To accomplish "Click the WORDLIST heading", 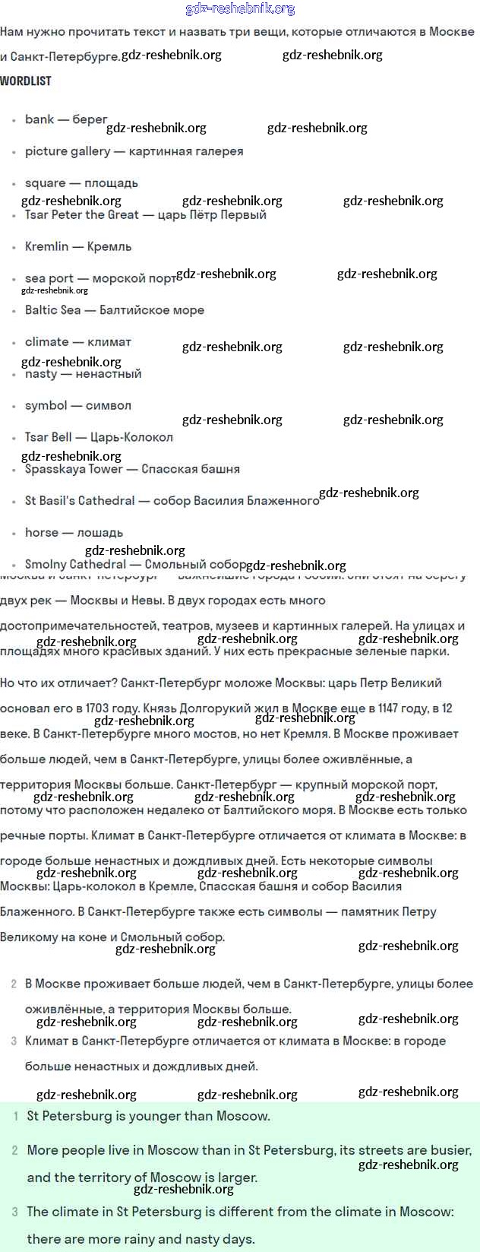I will (26, 81).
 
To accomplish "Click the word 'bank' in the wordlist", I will (39, 119).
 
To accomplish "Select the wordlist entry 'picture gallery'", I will (68, 151).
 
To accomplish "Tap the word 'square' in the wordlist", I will (46, 183).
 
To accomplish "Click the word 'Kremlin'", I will (47, 247).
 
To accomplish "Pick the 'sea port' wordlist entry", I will (49, 279).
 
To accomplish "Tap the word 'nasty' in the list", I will (41, 374).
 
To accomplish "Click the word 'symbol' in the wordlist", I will (46, 406).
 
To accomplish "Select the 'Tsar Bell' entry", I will (49, 437).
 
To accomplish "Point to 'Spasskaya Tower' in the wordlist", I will (74, 469).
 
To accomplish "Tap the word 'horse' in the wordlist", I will (42, 533).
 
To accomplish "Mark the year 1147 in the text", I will (388, 708).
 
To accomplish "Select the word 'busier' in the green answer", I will (449, 1150).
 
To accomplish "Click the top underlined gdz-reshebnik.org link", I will (240, 9).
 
